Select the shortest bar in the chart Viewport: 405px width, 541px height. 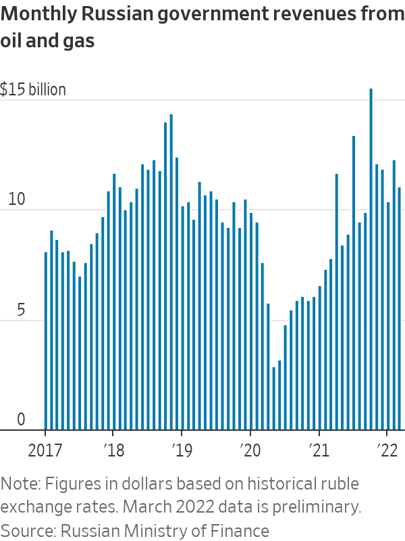[273, 399]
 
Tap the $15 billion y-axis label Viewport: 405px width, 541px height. [33, 90]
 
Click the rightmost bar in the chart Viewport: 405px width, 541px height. [399, 308]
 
